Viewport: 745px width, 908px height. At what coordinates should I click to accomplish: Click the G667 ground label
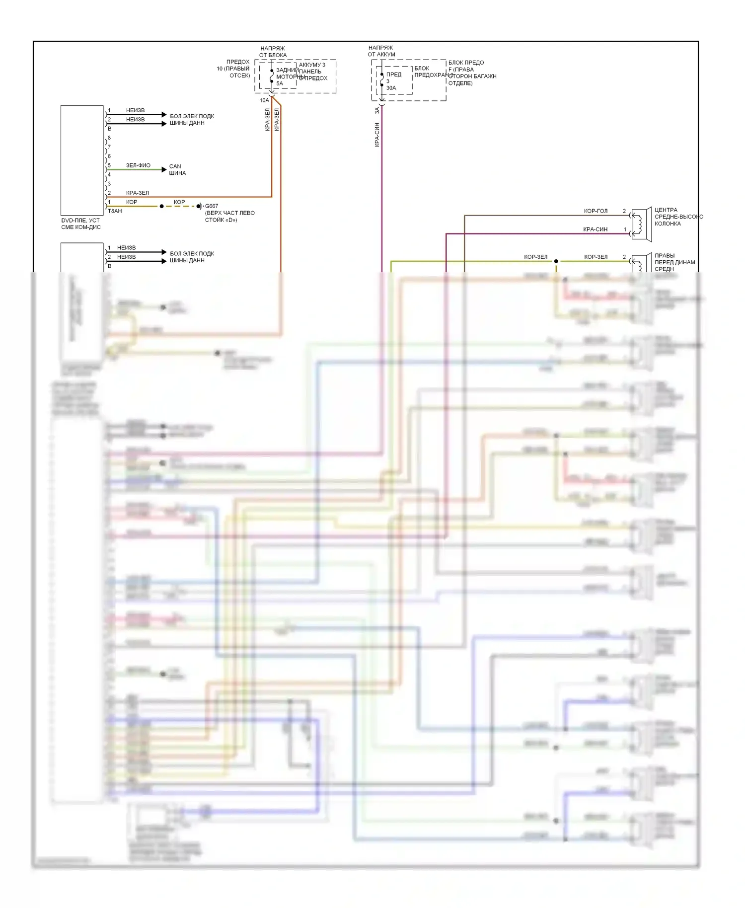212,206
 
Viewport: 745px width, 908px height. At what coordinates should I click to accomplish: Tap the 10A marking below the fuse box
264,100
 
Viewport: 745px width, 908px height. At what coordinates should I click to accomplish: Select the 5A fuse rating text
280,83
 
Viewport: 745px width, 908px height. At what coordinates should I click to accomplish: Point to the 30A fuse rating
391,88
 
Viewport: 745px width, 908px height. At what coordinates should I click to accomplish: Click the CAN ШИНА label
177,170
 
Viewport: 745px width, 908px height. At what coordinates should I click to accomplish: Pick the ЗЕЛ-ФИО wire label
138,165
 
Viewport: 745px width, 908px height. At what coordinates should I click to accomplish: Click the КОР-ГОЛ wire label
596,211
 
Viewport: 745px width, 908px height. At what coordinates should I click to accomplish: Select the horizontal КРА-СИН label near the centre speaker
595,229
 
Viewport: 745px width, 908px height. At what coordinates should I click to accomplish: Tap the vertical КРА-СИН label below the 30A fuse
377,134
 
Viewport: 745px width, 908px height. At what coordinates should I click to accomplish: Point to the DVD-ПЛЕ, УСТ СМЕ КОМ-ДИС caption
81,224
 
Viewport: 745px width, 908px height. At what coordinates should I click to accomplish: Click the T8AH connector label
115,211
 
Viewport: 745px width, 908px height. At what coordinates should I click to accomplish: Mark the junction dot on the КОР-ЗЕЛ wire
556,261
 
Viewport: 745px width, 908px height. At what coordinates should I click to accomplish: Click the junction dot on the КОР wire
161,206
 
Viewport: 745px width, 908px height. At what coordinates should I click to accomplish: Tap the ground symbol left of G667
200,206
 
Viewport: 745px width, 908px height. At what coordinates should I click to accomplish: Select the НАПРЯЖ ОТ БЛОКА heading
273,52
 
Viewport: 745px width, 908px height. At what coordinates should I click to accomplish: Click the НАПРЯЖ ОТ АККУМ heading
381,51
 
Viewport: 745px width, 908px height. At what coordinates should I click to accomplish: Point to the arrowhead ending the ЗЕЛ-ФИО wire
164,170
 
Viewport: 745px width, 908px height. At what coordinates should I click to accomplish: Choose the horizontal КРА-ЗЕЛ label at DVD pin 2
137,193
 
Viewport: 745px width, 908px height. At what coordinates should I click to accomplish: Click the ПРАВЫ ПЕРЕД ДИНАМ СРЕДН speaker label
674,262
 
